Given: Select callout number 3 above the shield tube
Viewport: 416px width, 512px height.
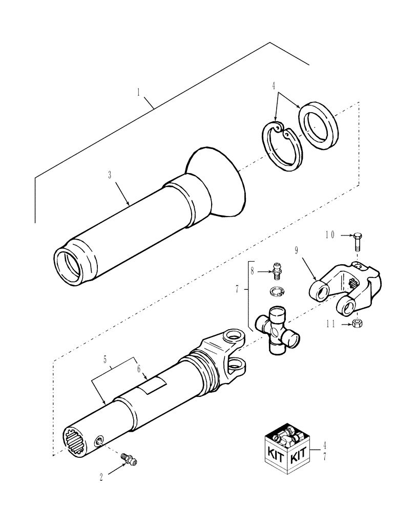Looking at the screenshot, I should click(x=110, y=175).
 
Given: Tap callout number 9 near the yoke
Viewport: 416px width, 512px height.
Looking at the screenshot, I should click(x=297, y=251).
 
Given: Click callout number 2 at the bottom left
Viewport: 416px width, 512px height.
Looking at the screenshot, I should click(x=101, y=476).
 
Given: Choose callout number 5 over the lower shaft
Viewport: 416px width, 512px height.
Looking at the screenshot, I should click(x=106, y=360).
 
